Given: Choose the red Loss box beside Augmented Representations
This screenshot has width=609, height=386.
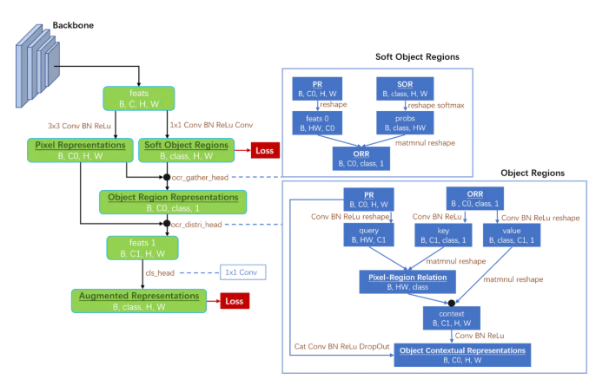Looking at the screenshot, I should coord(233,301).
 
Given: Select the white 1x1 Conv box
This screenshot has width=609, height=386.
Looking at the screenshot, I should coord(242,272).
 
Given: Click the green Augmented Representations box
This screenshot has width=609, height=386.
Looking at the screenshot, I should coord(139,301).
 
